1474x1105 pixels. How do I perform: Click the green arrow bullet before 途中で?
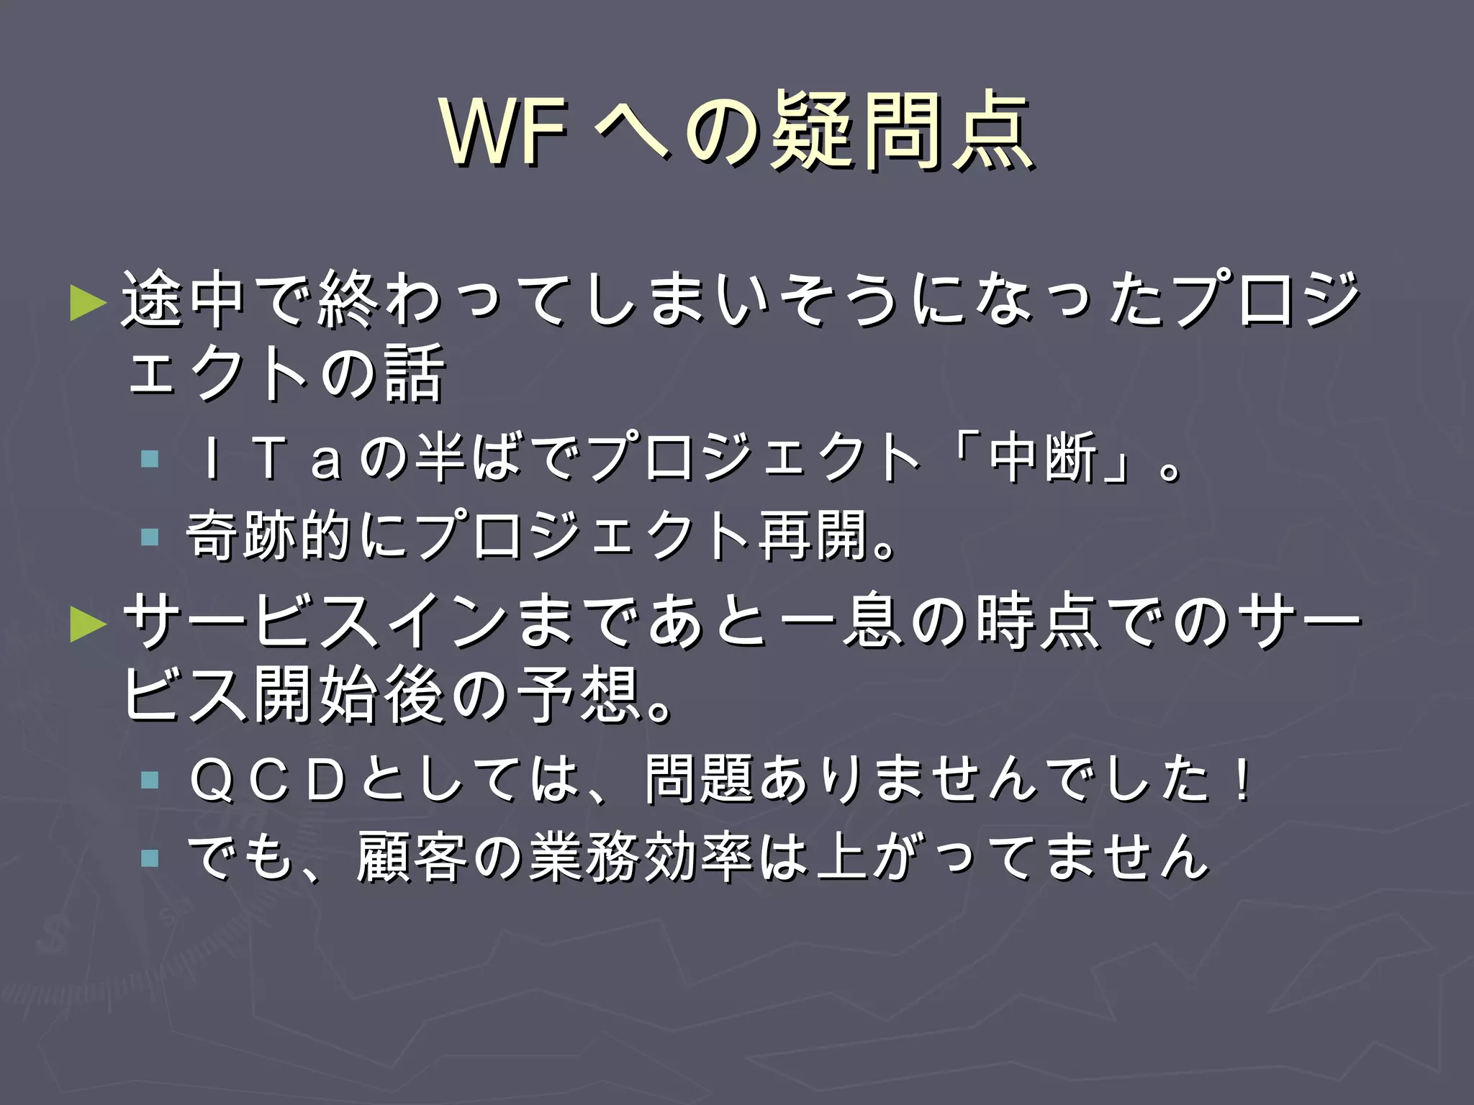[88, 303]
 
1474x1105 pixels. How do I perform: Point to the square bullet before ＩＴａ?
[150, 459]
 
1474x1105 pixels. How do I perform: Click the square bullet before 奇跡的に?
[150, 537]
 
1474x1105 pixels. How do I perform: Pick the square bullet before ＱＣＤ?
[150, 780]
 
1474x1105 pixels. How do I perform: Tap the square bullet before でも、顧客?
[150, 858]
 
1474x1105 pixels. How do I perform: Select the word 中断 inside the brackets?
[1044, 458]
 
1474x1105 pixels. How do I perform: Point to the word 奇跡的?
[269, 535]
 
